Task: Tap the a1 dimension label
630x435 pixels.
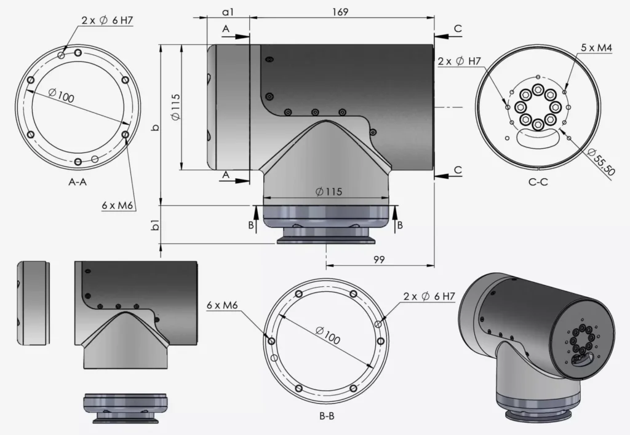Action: [x=228, y=12]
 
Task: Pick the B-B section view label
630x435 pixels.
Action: [x=327, y=416]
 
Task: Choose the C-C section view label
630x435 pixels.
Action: [x=538, y=182]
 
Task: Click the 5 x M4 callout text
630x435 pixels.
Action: [x=596, y=48]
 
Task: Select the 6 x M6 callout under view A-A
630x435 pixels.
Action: [x=118, y=205]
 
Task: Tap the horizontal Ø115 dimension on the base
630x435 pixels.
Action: [x=328, y=191]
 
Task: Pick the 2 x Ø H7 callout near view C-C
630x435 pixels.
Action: [x=459, y=61]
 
